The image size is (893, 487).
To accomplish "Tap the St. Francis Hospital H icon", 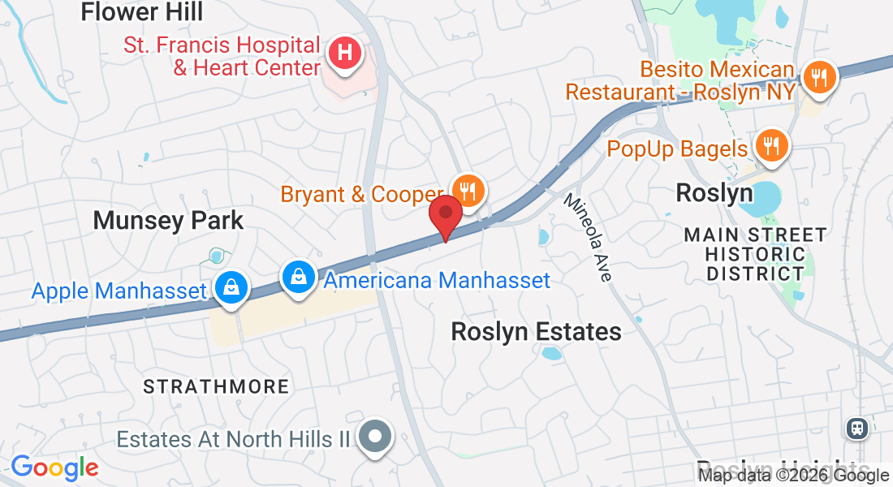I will pos(344,54).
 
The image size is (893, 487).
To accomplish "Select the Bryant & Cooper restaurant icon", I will pos(468,192).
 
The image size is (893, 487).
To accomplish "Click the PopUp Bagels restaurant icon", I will pos(767,146).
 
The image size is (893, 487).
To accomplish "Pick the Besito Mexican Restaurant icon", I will pos(818,78).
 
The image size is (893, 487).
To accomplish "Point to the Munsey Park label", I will pos(168,220).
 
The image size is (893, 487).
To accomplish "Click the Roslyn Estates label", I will pos(536,331).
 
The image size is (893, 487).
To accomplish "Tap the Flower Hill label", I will pos(142,12).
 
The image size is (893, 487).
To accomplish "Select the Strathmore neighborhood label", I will pos(216,386).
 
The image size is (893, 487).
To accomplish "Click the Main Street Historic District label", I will pos(755,253).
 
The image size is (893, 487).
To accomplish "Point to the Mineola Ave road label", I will pos(589,237).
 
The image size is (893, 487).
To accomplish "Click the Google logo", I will pos(54,468).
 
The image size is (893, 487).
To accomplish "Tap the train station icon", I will pos(856,427).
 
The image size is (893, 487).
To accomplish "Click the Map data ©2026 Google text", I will pos(794,476).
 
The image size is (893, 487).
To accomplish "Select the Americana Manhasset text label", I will pos(437,281).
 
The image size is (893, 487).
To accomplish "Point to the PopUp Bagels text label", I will pos(677,149).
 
